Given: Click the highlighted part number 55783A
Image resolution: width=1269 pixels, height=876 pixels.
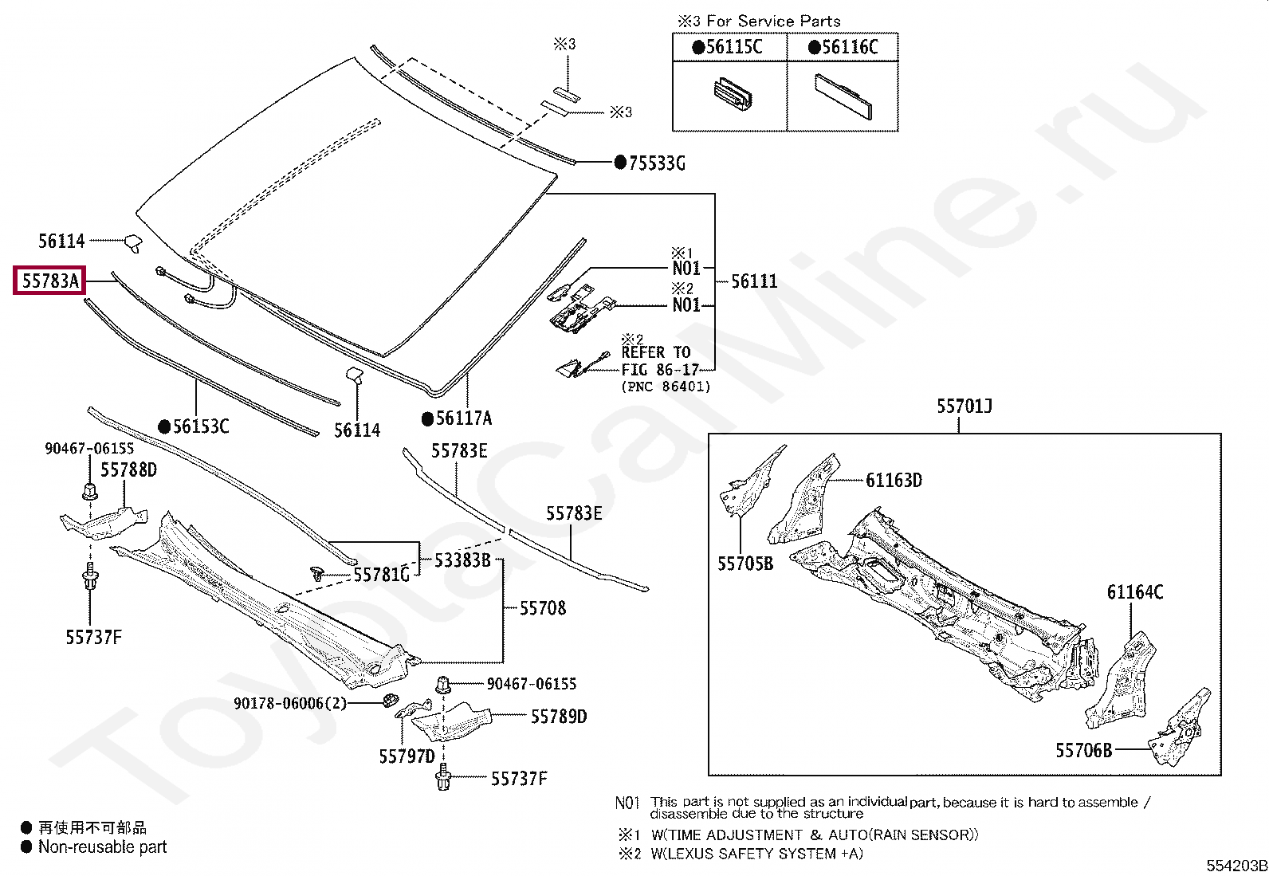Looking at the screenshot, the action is pos(49,281).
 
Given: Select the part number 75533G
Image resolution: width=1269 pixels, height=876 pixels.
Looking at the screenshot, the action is pos(656,163).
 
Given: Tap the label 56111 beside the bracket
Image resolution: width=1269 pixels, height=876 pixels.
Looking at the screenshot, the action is pos(754,281).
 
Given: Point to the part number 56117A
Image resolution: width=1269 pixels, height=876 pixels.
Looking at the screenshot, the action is pos(464,418).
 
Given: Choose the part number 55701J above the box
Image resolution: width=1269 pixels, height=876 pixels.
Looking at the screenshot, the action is pos(964,407).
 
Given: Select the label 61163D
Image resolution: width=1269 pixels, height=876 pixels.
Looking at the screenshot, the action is pos(894,481).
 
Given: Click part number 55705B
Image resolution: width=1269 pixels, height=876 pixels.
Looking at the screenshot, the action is pos(745,564).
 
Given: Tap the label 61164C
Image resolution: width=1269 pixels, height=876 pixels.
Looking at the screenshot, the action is pos(1134,592).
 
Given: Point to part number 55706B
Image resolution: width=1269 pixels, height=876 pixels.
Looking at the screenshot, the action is pos(1083,750).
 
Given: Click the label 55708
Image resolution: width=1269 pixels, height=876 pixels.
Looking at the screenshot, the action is pos(542,608).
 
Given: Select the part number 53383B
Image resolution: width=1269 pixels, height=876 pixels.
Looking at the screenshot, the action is pos(462,560).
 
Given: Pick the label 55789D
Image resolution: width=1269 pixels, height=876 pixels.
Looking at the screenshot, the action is pos(558,717).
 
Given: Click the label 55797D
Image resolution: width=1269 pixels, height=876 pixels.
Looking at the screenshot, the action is pos(407,756).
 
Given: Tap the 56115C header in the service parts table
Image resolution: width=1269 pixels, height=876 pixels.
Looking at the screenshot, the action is pos(733,47).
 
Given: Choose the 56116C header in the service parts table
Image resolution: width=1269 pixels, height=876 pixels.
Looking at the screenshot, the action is pos(849,47).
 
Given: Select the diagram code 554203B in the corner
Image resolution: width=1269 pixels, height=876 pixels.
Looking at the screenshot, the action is pos(1235,866).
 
